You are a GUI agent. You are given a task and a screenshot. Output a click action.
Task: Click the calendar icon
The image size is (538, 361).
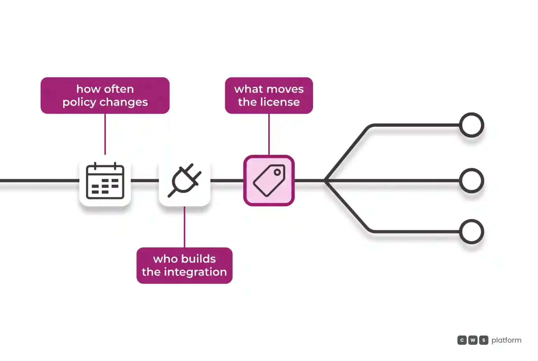tap(105, 181)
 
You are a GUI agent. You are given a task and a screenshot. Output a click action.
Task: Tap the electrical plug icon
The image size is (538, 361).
tap(185, 180)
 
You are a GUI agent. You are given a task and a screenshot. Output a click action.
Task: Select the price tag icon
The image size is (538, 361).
tap(269, 180)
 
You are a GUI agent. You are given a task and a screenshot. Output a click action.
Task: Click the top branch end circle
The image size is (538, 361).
tap(471, 125)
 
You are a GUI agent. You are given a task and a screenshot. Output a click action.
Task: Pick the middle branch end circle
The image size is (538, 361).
tap(471, 180)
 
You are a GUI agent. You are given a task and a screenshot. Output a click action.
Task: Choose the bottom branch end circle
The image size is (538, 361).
tap(471, 231)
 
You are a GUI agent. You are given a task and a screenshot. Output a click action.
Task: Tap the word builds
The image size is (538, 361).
tap(198, 259)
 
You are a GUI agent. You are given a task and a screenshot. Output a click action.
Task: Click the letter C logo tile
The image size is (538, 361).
tap(462, 340)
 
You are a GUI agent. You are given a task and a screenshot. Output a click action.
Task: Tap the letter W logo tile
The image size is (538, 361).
tap(473, 340)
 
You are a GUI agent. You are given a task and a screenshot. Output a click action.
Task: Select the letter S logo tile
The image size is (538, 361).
tap(484, 340)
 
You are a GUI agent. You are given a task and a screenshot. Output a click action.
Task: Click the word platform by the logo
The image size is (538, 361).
tap(506, 340)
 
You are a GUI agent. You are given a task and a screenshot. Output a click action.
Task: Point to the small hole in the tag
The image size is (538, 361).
tap(277, 172)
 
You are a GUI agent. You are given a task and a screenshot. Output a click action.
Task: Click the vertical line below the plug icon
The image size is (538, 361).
tap(185, 227)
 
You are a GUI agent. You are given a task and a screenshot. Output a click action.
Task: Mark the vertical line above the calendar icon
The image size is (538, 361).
tap(105, 134)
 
